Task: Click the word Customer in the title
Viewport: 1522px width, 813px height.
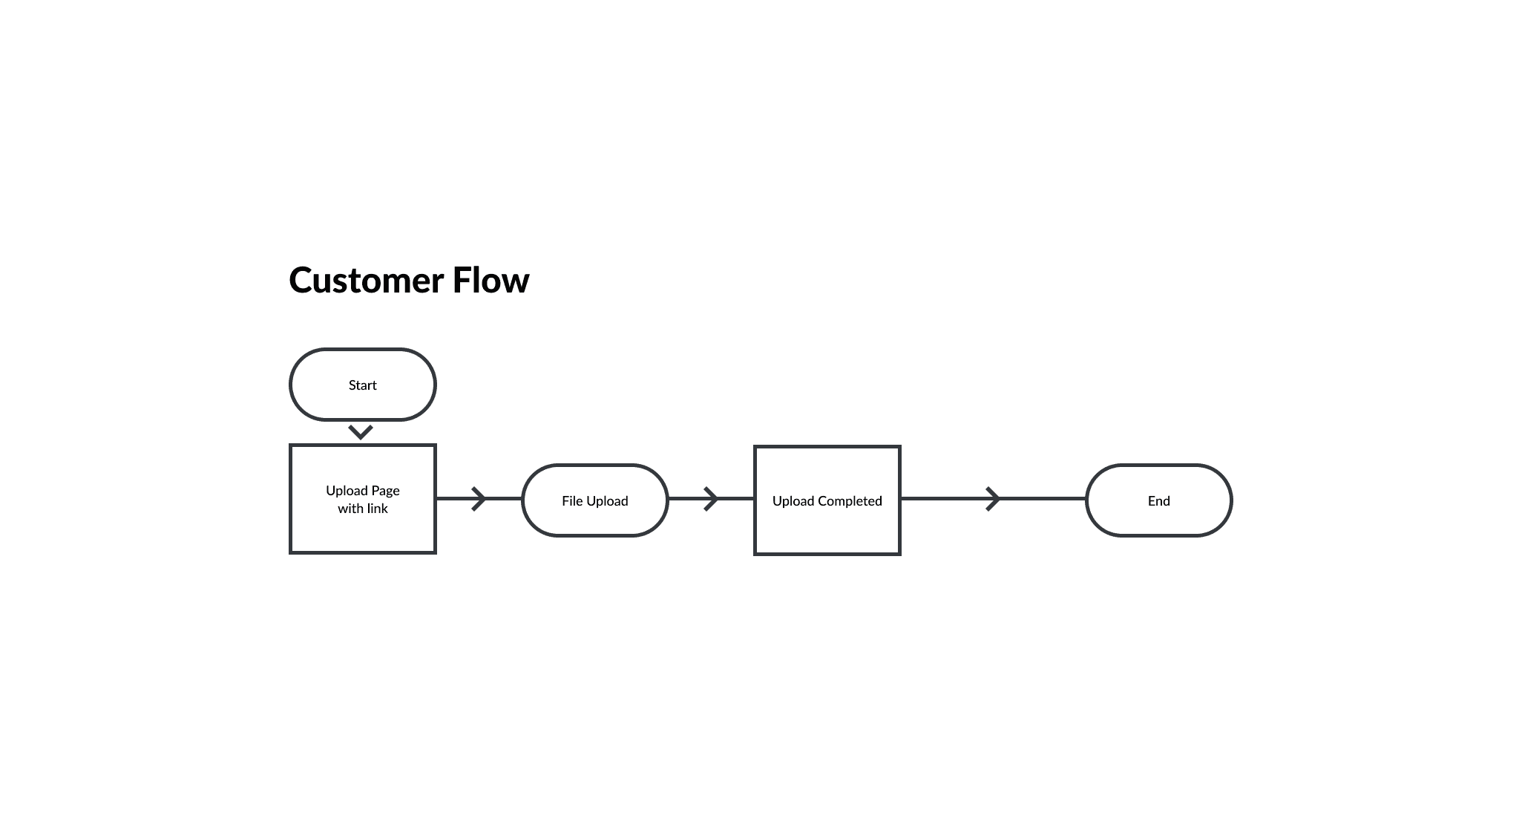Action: [x=367, y=281]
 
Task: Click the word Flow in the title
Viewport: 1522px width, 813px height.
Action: [x=491, y=281]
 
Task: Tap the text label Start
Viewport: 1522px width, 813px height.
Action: [x=363, y=385]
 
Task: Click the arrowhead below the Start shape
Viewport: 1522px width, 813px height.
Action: [x=361, y=432]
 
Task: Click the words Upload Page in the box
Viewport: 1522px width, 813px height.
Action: [x=363, y=491]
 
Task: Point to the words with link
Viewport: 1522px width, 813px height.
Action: [x=363, y=509]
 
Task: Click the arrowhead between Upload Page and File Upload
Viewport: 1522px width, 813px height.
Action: [x=479, y=499]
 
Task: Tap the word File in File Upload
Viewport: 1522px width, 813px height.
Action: [x=572, y=501]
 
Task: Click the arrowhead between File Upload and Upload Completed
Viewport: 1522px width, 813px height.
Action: [x=711, y=499]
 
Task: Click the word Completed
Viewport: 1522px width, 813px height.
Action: [x=850, y=501]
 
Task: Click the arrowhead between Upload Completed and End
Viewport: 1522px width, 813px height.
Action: [x=993, y=499]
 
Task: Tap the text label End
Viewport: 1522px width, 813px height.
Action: [x=1159, y=501]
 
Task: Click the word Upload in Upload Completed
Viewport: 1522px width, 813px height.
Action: [x=793, y=501]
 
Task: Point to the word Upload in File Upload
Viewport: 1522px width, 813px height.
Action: [x=608, y=501]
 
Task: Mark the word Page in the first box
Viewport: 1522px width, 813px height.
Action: [x=385, y=491]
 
